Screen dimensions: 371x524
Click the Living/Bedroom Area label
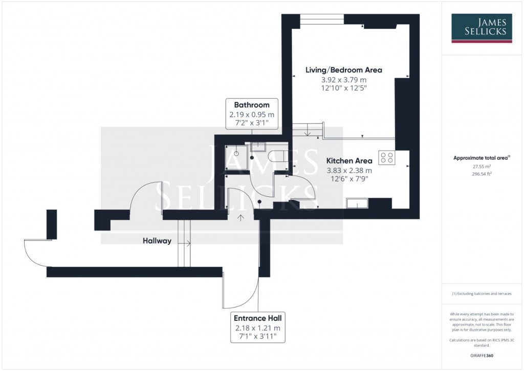344,70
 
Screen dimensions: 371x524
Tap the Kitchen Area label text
350,161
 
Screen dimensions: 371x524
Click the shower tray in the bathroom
237,157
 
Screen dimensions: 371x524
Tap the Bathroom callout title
252,105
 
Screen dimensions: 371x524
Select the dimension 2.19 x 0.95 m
252,114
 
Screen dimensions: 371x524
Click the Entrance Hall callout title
258,318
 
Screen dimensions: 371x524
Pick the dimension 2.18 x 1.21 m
258,327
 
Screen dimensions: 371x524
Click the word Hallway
157,241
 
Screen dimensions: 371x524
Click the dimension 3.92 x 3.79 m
344,80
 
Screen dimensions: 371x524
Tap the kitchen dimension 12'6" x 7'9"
350,179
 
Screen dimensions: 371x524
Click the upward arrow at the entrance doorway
241,217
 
